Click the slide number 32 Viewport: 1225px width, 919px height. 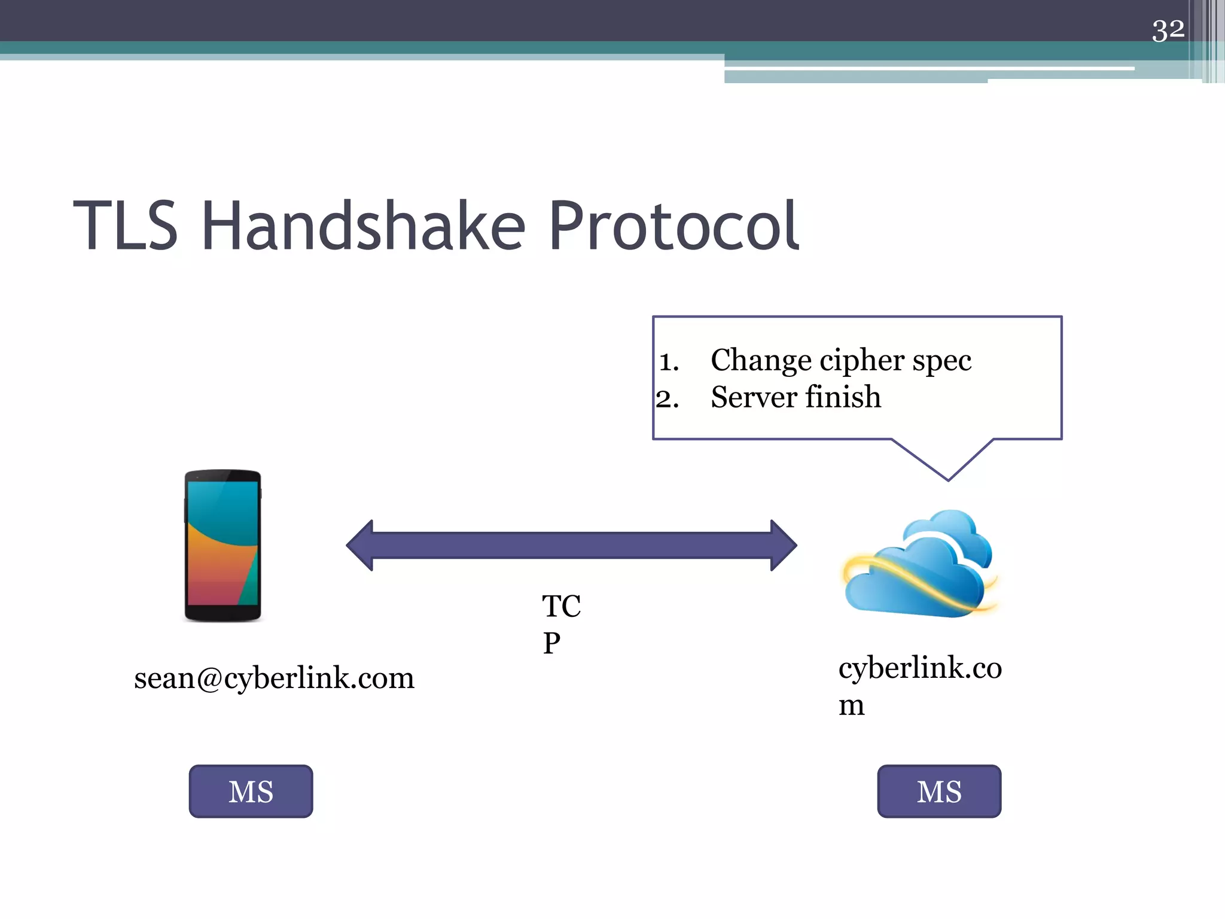(1168, 30)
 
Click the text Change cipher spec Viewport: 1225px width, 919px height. (840, 361)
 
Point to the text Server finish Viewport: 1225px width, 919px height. (796, 398)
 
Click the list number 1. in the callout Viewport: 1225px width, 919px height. (669, 362)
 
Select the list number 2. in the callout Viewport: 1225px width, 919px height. (668, 399)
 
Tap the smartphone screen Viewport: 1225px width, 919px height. (223, 543)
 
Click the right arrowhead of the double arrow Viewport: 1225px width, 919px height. (783, 545)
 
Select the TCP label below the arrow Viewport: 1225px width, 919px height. (560, 624)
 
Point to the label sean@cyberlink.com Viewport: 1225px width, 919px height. (274, 678)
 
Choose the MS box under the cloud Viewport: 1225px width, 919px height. (938, 791)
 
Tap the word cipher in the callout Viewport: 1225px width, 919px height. (862, 361)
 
